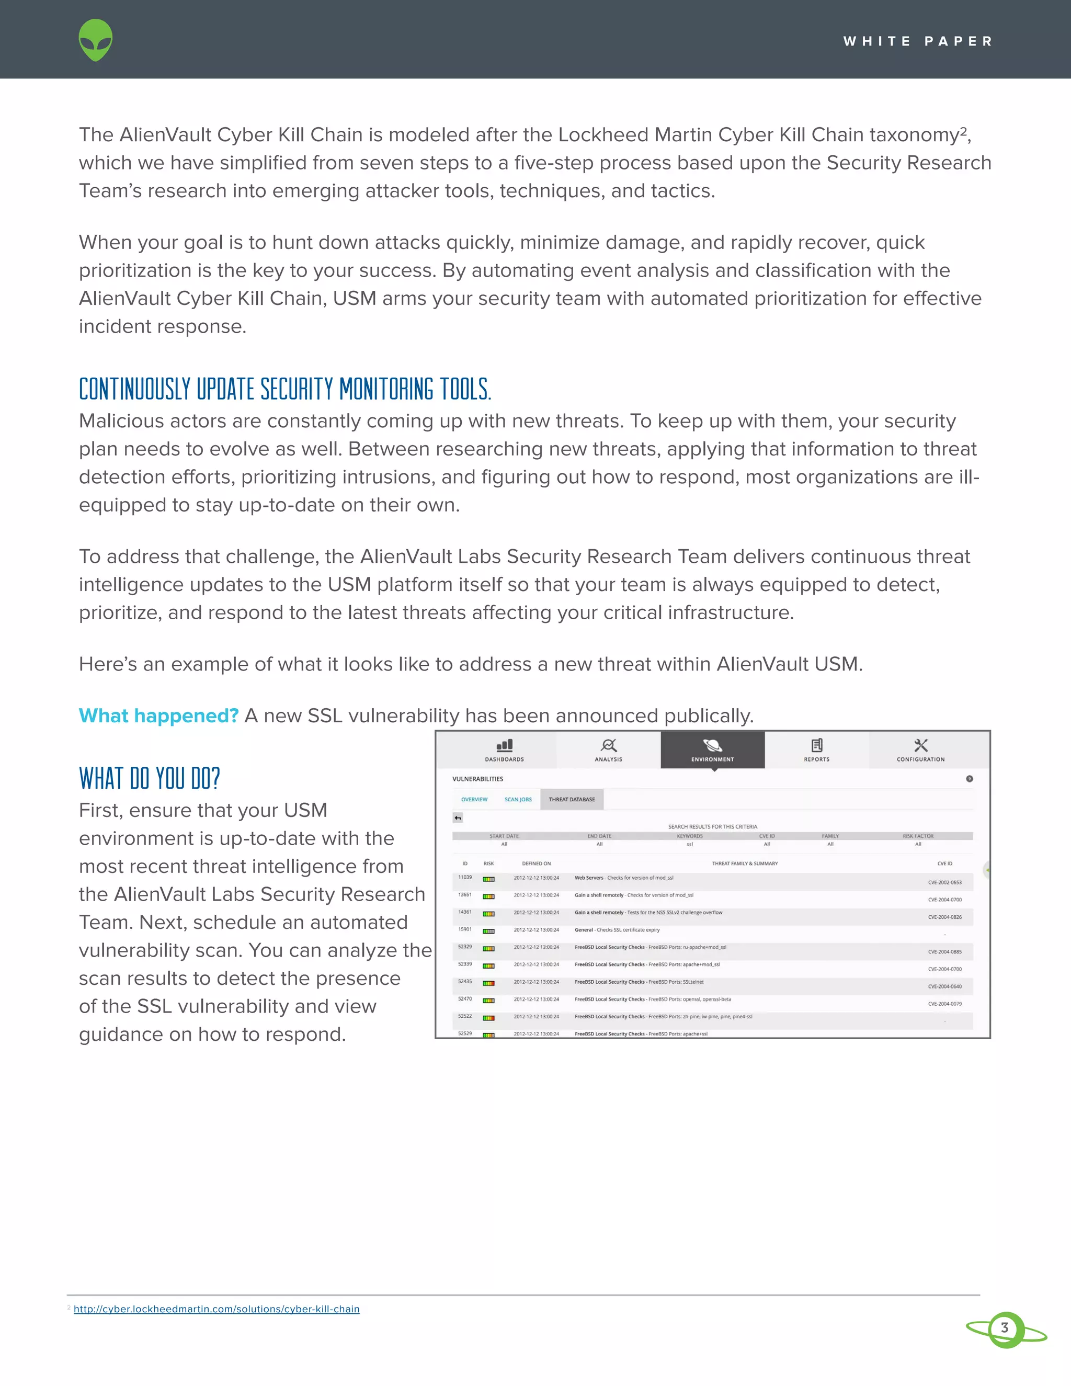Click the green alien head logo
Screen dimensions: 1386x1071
96,40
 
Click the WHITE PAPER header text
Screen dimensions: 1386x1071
917,41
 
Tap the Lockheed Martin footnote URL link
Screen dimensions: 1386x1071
217,1309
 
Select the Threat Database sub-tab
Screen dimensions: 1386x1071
572,800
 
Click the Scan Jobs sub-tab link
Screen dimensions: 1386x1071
518,800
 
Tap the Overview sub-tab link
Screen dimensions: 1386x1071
474,800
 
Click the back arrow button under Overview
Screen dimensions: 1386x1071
458,818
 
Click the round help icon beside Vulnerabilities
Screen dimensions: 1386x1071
970,779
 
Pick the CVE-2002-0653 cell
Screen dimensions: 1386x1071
944,882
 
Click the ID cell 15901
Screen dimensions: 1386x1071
464,929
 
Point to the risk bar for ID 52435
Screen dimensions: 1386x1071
488,983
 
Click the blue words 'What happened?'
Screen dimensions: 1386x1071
158,715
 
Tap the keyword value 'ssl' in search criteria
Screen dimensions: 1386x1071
690,844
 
